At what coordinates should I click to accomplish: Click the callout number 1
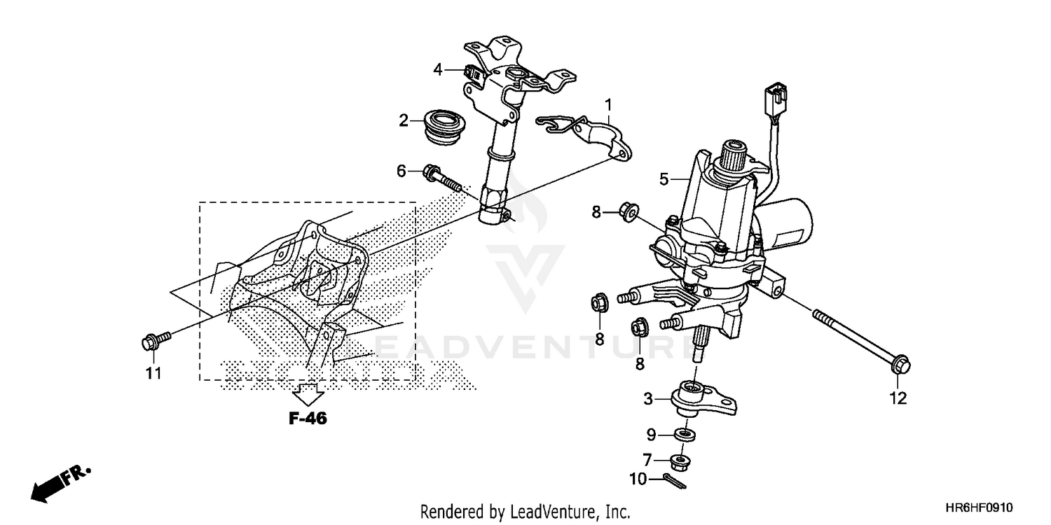pos(608,105)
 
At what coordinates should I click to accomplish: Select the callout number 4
pos(438,69)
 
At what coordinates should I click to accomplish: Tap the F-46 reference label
pos(307,419)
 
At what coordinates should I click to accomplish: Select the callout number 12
pos(898,398)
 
